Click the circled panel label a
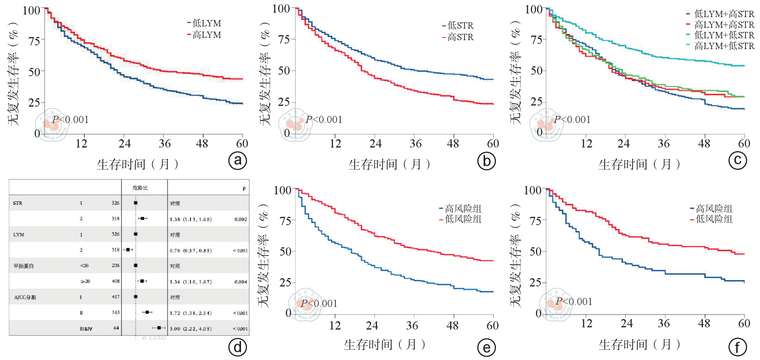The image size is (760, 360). point(238,160)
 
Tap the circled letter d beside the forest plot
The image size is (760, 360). point(238,347)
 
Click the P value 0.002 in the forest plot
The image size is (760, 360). point(241,219)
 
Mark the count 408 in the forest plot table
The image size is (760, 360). point(116,281)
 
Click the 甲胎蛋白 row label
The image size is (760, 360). point(24,266)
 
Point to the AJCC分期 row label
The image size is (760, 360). point(25,297)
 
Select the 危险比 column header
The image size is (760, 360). point(140,188)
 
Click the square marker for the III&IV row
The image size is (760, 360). point(159,328)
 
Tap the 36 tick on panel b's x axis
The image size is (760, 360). point(415,144)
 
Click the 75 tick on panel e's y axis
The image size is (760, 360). point(285,221)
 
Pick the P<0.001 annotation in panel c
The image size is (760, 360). point(572,120)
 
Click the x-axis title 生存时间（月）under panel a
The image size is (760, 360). point(138,164)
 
